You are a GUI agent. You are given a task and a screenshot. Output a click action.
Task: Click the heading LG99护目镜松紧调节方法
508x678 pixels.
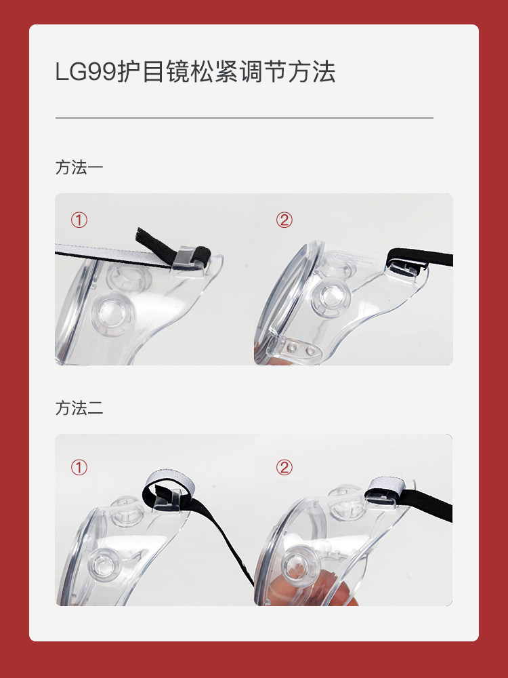(x=195, y=72)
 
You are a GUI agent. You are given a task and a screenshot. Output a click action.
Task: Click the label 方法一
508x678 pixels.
(x=79, y=167)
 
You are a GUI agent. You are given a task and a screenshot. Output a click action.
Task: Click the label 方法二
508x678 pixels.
(x=79, y=408)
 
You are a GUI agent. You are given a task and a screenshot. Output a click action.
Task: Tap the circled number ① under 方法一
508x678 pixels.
(x=79, y=220)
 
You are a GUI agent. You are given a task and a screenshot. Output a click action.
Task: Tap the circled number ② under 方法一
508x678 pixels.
(x=284, y=220)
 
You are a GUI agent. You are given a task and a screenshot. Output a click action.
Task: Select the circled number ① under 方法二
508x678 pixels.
(x=79, y=467)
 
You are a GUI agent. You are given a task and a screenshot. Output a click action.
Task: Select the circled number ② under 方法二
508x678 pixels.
(x=284, y=467)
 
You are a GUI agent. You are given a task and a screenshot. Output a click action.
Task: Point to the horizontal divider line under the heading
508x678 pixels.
(x=244, y=117)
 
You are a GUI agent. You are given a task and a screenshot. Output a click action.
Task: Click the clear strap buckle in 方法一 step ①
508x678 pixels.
(x=187, y=260)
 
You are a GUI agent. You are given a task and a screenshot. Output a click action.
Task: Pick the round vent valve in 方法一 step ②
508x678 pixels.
(x=332, y=298)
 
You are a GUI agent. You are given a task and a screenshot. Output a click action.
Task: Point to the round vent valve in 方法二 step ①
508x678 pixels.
(x=104, y=565)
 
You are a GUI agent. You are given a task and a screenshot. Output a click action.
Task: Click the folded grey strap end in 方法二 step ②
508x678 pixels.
(x=387, y=486)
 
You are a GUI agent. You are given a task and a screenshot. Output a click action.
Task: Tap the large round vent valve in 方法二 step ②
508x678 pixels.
(x=301, y=565)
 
